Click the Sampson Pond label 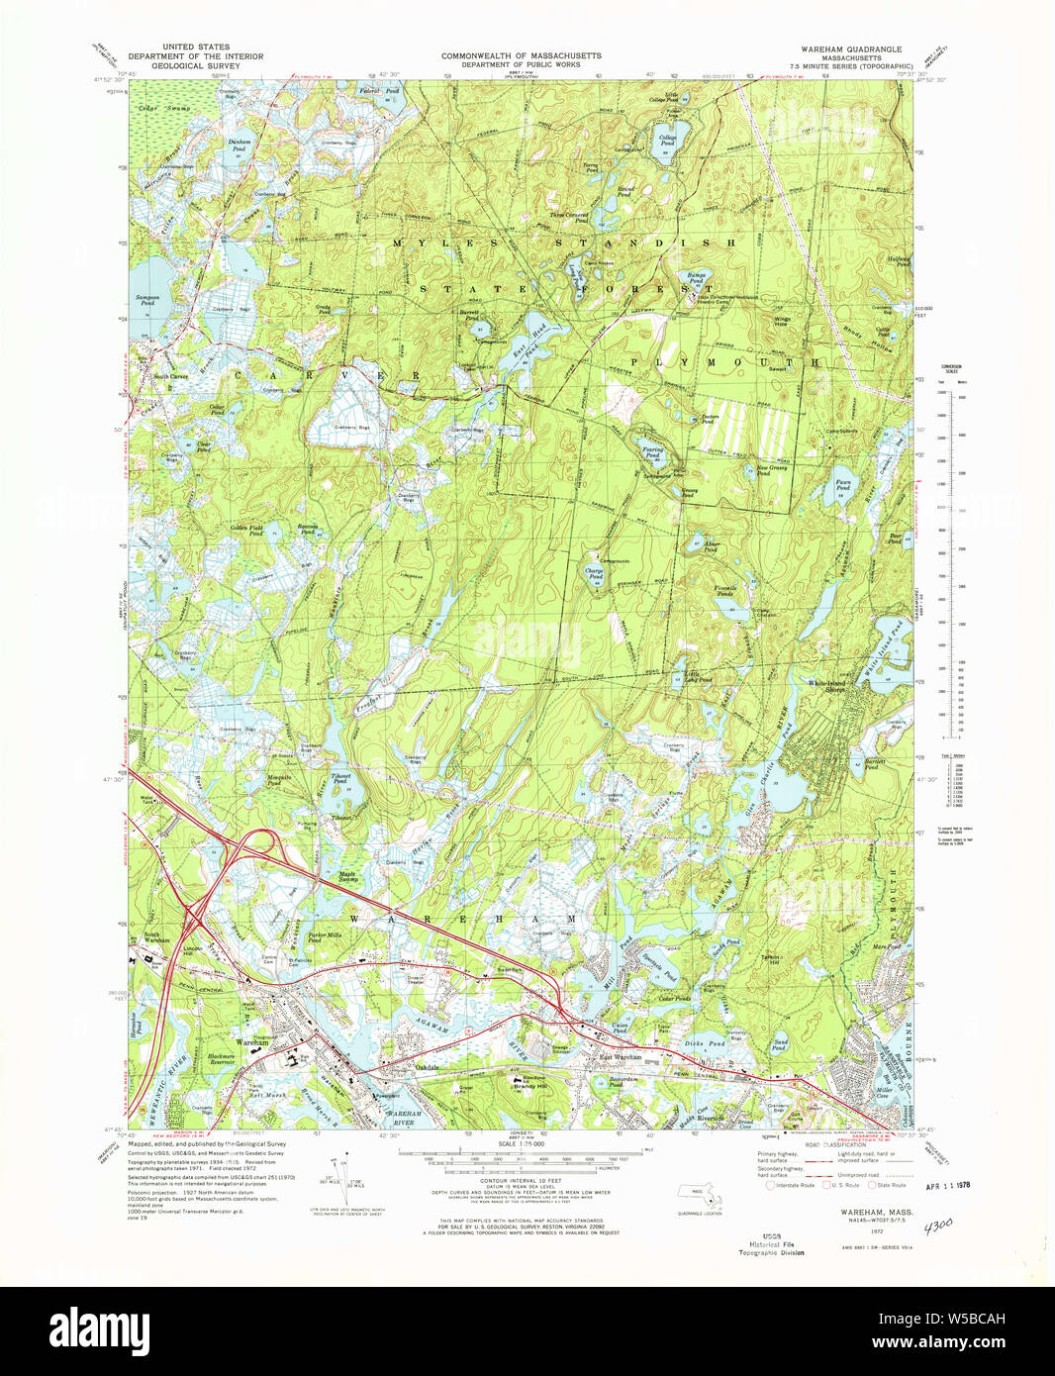pos(144,300)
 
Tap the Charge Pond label pos(594,573)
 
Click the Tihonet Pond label pos(340,778)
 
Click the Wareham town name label pos(252,1043)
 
